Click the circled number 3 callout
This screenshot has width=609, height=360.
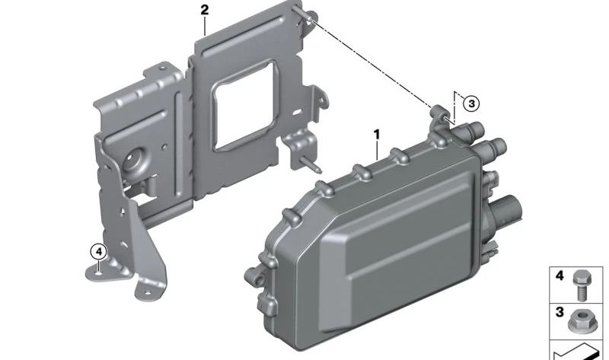(471, 104)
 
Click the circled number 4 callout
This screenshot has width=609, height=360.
(99, 252)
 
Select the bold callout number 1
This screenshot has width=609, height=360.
(376, 135)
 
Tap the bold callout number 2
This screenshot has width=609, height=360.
(205, 10)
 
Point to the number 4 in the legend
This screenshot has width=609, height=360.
(560, 276)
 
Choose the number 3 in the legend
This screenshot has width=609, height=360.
(560, 312)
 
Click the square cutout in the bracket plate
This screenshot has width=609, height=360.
(244, 105)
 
